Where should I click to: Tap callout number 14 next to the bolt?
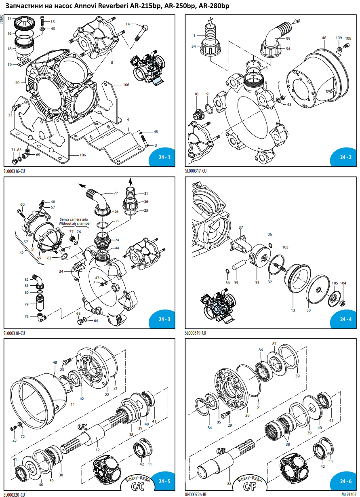click(128, 24)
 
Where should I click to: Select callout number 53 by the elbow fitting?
click(288, 39)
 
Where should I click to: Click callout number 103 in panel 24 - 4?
click(285, 247)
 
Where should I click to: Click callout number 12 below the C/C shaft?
click(97, 450)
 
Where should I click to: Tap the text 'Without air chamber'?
click(75, 223)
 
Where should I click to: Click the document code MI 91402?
click(349, 494)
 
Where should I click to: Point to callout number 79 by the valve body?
click(27, 304)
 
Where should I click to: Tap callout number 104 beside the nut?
click(343, 283)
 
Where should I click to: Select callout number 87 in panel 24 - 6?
click(274, 343)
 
